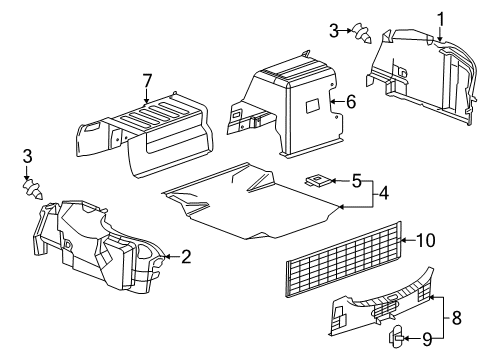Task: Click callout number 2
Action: click(186, 257)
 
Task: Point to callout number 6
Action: click(350, 101)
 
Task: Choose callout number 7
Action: click(147, 82)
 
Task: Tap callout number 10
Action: click(428, 239)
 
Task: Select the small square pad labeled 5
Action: click(316, 180)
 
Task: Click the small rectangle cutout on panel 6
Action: click(311, 104)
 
